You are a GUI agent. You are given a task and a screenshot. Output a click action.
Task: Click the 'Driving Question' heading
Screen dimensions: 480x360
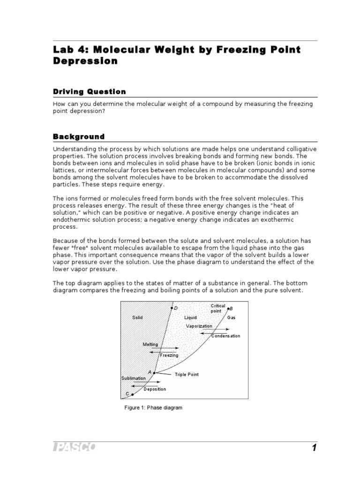coord(89,91)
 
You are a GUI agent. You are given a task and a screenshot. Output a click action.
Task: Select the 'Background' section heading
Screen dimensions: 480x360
coord(78,136)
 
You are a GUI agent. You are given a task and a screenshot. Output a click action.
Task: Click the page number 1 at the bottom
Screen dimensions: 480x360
coord(314,448)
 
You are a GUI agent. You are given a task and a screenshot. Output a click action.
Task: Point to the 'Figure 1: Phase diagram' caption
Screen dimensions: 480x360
coord(153,408)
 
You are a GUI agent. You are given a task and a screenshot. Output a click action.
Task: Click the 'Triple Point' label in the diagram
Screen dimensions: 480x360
coord(187,375)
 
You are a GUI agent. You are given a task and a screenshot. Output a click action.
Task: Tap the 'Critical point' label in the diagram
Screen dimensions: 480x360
coord(218,308)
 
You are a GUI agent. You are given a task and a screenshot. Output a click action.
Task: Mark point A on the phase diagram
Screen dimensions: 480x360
coord(154,373)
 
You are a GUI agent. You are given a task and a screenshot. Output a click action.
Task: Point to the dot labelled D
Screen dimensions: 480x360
coord(172,308)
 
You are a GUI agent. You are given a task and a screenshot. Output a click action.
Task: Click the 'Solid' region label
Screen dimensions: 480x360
coord(137,317)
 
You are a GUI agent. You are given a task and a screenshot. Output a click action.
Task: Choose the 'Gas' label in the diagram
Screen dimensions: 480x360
coord(232,317)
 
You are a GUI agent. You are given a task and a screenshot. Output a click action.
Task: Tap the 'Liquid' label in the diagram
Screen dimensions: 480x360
coord(190,317)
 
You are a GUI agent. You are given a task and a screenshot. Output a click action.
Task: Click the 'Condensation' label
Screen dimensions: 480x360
coord(225,336)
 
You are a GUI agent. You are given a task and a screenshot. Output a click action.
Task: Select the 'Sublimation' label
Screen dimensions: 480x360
coord(134,378)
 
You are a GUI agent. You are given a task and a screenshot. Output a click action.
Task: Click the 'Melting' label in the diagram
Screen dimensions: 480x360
coord(150,345)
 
